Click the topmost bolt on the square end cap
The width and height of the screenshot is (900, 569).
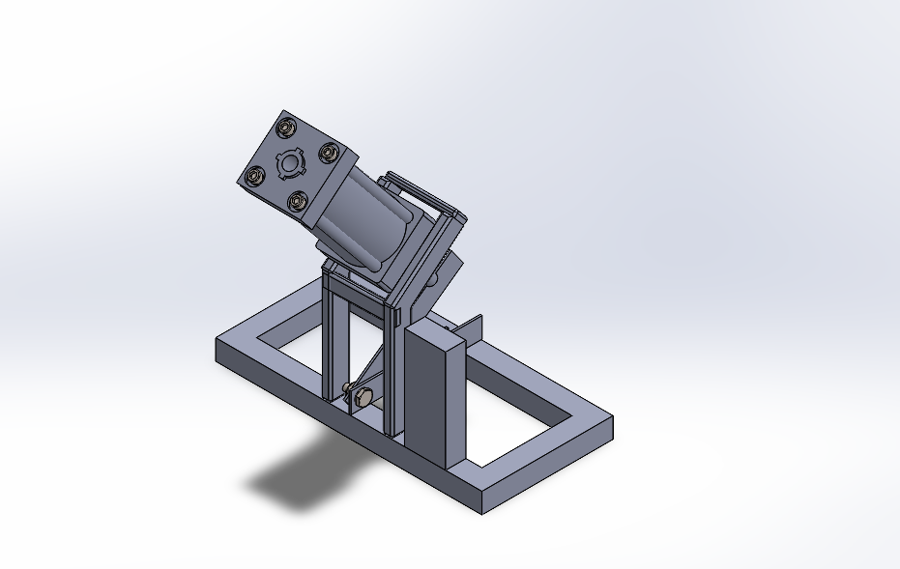pos(286,127)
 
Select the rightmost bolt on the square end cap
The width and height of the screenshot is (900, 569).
pos(329,152)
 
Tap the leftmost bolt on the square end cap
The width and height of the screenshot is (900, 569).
pos(255,176)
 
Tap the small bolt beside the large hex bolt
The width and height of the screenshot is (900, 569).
pos(346,388)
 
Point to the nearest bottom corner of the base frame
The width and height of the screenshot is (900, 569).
pos(482,510)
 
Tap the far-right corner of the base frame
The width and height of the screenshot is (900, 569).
pos(613,419)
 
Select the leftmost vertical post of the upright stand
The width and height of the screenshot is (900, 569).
pos(330,338)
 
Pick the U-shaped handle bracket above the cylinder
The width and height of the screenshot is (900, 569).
pos(425,199)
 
